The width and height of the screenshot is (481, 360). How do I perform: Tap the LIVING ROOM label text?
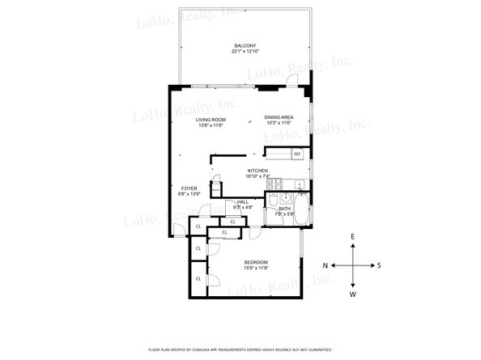tap(210, 119)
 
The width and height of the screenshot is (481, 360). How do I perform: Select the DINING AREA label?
tap(279, 118)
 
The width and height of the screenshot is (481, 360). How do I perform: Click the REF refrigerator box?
tap(297, 153)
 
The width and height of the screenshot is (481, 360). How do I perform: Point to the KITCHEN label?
tap(258, 170)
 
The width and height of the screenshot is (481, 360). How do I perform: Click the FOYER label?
tap(188, 188)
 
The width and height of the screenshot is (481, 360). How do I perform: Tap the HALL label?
tap(243, 202)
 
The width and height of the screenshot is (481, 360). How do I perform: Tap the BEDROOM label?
tap(256, 264)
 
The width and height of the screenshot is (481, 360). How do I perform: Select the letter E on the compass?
tap(353, 236)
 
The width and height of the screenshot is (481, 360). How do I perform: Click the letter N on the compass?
tap(325, 265)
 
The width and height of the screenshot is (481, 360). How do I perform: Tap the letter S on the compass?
tap(379, 265)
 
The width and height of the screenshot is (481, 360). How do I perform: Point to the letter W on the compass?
tap(353, 294)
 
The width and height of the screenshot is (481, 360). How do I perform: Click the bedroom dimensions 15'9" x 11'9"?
tap(256, 270)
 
